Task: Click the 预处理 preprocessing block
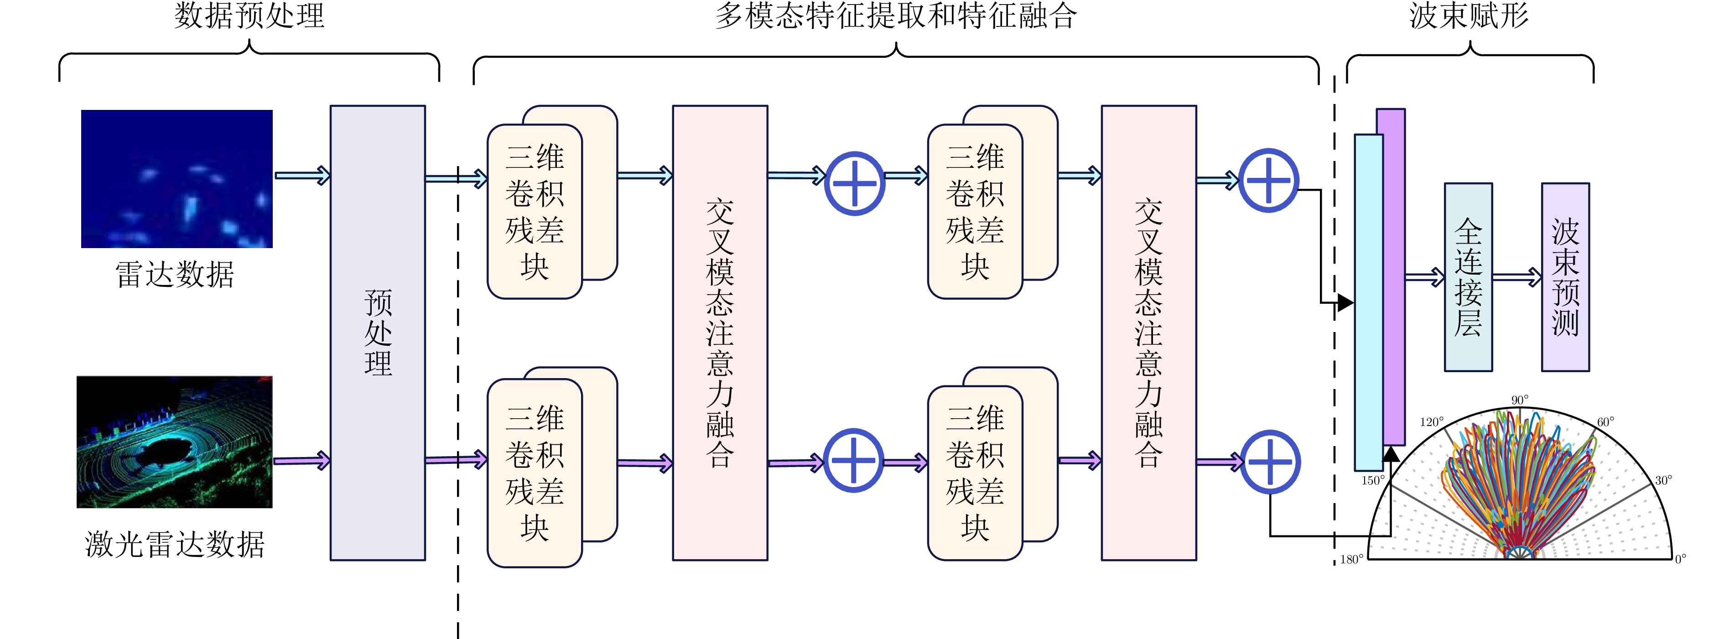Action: [378, 332]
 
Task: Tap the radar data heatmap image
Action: [177, 179]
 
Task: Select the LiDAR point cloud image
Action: [175, 442]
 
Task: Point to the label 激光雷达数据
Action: [175, 545]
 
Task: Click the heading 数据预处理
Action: [249, 16]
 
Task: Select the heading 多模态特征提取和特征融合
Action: [895, 16]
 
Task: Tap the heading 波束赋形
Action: [1469, 16]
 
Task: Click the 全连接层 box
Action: [1468, 277]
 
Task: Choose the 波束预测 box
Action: [1565, 277]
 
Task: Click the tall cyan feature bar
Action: [1369, 302]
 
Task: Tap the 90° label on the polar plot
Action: [1520, 400]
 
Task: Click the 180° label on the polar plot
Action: [1351, 559]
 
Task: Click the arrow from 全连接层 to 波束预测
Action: [1516, 277]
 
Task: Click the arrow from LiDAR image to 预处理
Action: [302, 460]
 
